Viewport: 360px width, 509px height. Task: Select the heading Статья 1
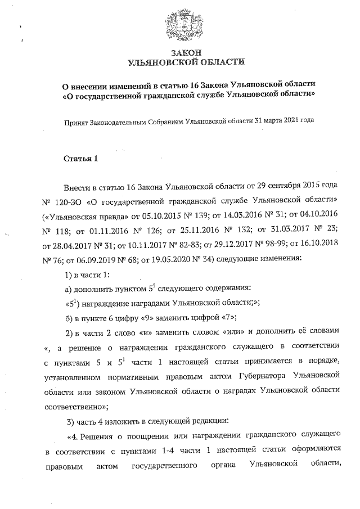[x=80, y=158]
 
